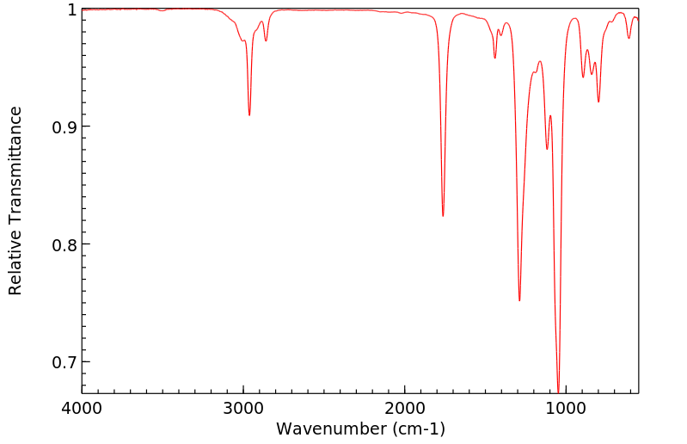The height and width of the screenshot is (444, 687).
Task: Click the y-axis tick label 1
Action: [71, 9]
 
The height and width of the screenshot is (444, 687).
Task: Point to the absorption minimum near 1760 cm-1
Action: [443, 216]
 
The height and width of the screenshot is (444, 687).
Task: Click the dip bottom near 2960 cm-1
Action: [249, 115]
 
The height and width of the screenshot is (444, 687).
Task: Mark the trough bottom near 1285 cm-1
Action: [519, 300]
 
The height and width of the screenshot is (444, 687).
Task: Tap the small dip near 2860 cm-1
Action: [266, 40]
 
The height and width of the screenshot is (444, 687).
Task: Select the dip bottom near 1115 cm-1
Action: [547, 149]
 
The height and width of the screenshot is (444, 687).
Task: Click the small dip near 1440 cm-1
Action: [494, 58]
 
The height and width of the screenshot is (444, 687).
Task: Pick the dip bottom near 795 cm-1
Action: [598, 102]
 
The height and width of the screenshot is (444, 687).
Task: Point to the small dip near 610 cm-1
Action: [629, 38]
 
